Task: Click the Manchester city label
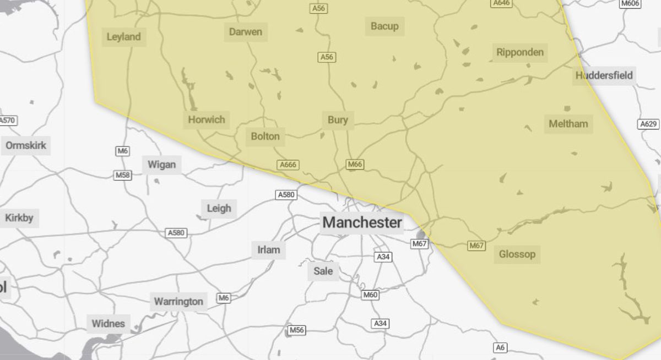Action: pyautogui.click(x=362, y=223)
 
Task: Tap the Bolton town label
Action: pyautogui.click(x=265, y=137)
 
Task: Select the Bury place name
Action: pyautogui.click(x=337, y=120)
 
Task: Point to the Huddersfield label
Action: pyautogui.click(x=604, y=75)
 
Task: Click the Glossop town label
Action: pyautogui.click(x=517, y=254)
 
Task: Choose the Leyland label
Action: pyautogui.click(x=123, y=37)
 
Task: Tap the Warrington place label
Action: pyautogui.click(x=178, y=302)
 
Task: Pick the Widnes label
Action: pyautogui.click(x=108, y=324)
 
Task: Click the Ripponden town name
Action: pyautogui.click(x=519, y=53)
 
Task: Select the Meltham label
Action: pyautogui.click(x=568, y=124)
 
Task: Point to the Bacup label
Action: pyautogui.click(x=384, y=26)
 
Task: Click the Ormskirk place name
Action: pyautogui.click(x=26, y=146)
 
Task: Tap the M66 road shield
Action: pyautogui.click(x=355, y=164)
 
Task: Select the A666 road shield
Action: pyautogui.click(x=288, y=165)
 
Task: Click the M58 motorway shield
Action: pyautogui.click(x=122, y=175)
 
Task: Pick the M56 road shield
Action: pyautogui.click(x=296, y=330)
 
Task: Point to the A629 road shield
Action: pyautogui.click(x=648, y=124)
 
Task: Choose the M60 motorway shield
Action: pyautogui.click(x=370, y=295)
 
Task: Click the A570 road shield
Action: pyautogui.click(x=8, y=121)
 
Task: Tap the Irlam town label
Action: pyautogui.click(x=268, y=250)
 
